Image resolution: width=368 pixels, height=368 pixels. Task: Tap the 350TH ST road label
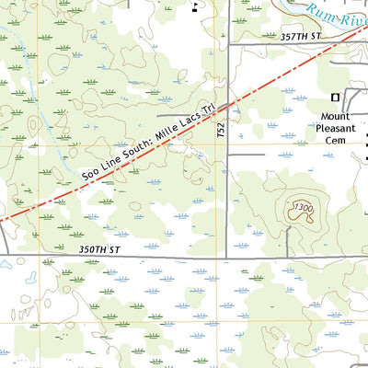[101, 249]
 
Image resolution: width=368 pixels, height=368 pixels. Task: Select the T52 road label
[221, 132]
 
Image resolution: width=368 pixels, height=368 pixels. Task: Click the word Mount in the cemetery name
[336, 117]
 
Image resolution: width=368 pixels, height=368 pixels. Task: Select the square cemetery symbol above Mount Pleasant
[335, 97]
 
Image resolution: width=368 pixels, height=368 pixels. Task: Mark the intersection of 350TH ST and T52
[227, 257]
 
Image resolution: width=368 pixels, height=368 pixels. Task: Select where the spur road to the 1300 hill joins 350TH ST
[288, 257]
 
